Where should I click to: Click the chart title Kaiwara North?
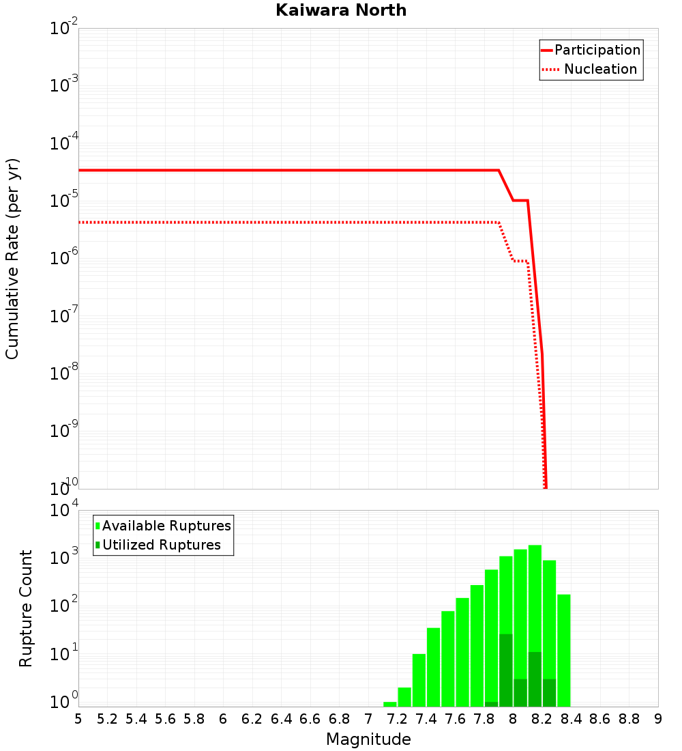point(341,10)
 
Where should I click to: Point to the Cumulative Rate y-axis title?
point(12,259)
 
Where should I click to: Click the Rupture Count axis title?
point(26,608)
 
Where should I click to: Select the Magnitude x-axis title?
point(368,739)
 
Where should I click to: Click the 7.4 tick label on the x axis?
point(426,719)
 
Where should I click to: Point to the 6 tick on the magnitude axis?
point(223,719)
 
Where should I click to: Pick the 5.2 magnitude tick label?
point(107,719)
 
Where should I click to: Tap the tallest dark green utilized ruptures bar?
point(505,670)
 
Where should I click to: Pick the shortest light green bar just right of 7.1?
point(389,704)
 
